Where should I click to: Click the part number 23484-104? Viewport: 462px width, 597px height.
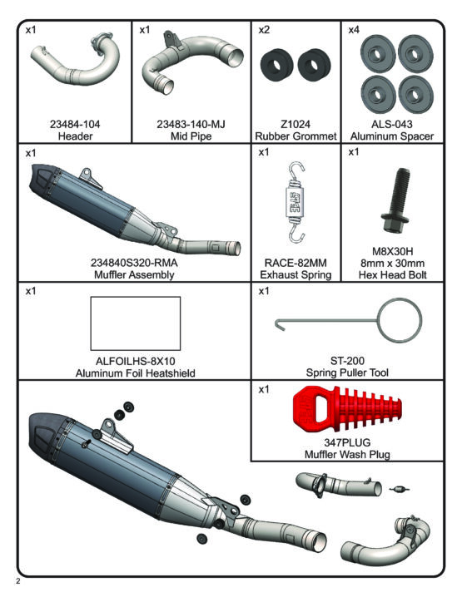point(75,124)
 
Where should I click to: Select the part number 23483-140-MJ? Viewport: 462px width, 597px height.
point(191,124)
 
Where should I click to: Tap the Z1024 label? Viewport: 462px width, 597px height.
point(296,124)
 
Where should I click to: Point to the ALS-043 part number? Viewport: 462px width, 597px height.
point(392,124)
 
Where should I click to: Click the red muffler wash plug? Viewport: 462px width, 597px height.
point(347,411)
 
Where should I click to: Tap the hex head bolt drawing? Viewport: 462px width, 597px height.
point(395,200)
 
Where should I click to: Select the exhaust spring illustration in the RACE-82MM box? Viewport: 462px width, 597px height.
point(296,203)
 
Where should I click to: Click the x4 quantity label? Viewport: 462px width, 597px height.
point(353,30)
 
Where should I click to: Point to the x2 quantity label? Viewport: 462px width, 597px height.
point(263,30)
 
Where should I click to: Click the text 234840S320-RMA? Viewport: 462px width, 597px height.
point(134,263)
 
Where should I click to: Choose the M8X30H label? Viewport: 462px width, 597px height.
point(393,251)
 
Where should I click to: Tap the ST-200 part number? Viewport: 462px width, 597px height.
point(347,361)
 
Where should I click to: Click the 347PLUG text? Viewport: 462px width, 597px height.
point(347,442)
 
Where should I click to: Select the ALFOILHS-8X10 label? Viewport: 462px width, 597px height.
point(136,361)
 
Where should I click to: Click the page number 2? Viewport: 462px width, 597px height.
point(17,581)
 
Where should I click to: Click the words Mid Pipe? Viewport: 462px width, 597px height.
point(191,136)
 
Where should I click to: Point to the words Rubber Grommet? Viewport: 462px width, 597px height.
point(296,136)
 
